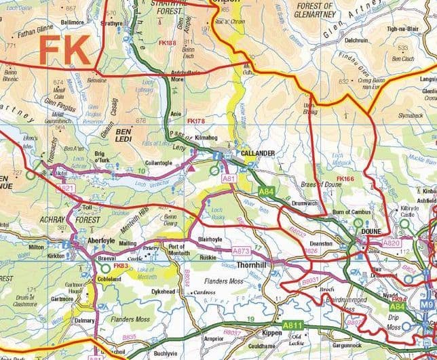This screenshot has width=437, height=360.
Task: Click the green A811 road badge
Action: (x=292, y=326)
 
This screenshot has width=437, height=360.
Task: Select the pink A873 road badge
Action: (x=242, y=251)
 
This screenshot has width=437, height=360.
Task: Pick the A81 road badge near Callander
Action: (x=229, y=178)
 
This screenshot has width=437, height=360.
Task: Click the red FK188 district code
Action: (x=185, y=43)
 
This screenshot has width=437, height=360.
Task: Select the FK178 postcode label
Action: (x=195, y=121)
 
